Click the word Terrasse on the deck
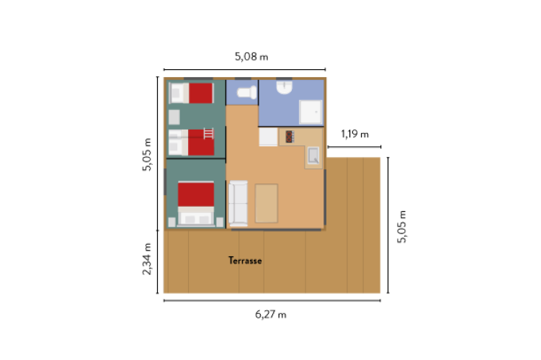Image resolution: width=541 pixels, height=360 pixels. (245, 261)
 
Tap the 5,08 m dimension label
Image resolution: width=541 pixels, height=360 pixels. (251, 56)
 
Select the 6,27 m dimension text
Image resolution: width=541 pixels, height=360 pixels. (271, 314)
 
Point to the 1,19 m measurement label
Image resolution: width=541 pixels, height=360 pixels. (354, 134)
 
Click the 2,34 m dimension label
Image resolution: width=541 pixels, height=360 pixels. (148, 261)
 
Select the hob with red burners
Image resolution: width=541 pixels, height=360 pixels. (287, 136)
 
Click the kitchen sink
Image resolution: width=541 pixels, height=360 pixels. (313, 154)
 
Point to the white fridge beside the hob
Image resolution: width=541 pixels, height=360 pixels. (268, 137)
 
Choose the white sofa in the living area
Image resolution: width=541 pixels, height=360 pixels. (238, 202)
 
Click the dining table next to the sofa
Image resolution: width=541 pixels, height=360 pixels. (266, 203)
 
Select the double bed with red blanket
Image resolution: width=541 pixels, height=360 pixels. (196, 204)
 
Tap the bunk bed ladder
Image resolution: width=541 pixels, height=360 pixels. (209, 133)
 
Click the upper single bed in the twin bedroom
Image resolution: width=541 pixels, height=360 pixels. (192, 93)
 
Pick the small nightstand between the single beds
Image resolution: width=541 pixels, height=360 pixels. (175, 117)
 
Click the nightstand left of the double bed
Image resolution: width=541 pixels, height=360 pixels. (172, 221)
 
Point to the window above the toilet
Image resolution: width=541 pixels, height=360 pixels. (243, 78)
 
